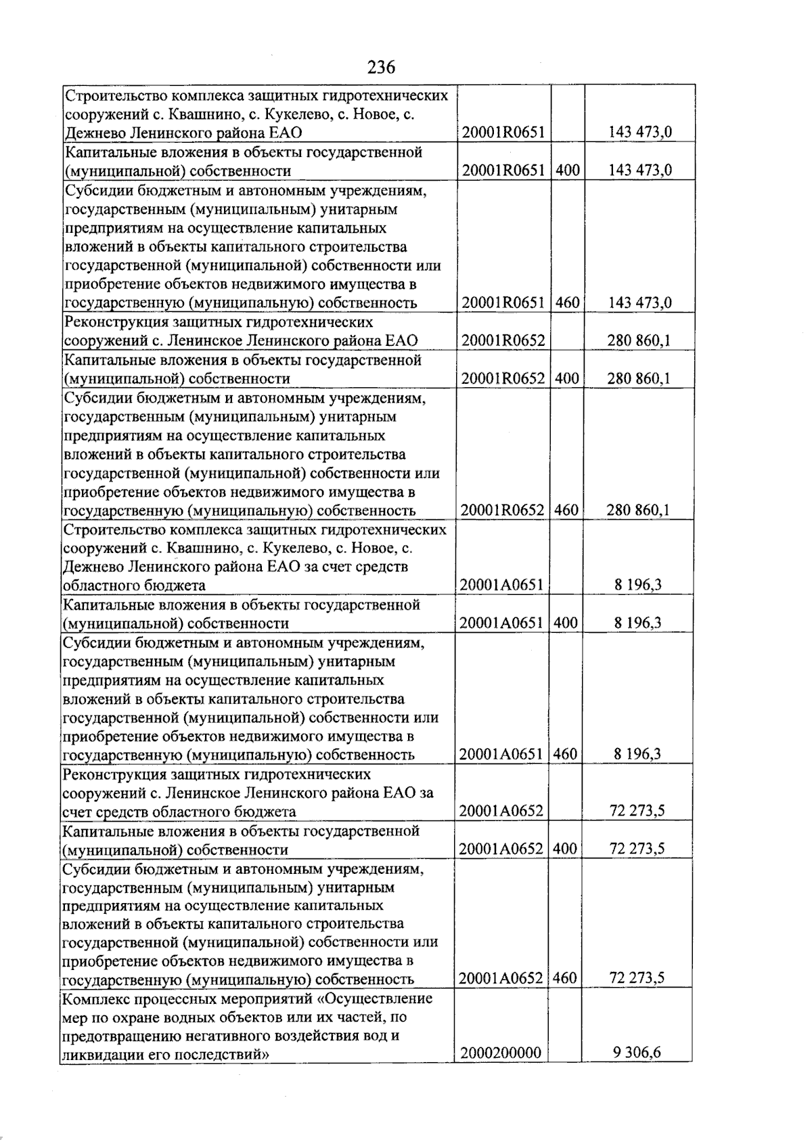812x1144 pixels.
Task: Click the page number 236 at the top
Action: [381, 67]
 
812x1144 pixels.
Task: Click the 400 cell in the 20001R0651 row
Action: [568, 170]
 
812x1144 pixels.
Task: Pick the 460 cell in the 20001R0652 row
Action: [566, 510]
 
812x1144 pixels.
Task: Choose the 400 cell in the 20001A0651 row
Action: [566, 623]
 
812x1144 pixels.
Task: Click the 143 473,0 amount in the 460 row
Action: [640, 303]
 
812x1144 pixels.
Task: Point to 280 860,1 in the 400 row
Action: [639, 378]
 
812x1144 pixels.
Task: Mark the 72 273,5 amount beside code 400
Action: [637, 849]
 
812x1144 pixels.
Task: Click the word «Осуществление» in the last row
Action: [375, 998]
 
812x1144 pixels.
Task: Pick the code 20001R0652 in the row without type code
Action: [503, 340]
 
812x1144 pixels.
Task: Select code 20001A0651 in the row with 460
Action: [501, 754]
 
